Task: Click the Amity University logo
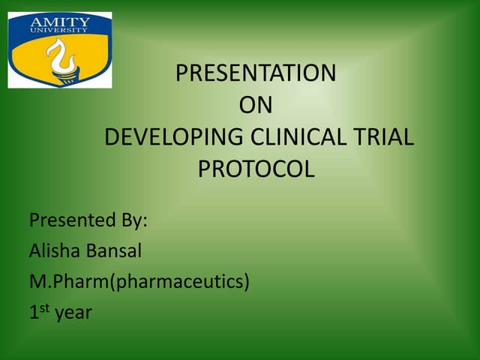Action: [x=60, y=49]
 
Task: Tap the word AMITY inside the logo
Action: [x=59, y=22]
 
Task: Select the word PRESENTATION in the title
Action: [x=255, y=73]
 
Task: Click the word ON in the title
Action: [x=255, y=106]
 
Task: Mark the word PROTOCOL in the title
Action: [x=256, y=170]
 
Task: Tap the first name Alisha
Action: [x=52, y=251]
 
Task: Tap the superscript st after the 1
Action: [x=43, y=307]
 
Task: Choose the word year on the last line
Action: [x=73, y=314]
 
